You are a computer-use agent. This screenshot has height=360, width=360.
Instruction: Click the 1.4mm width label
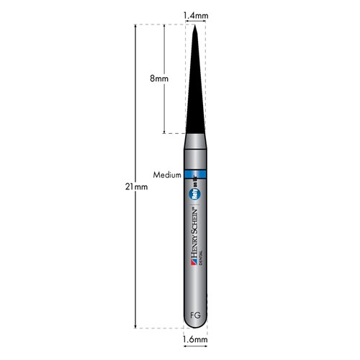pos(195,14)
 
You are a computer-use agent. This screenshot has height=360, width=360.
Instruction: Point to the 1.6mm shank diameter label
pos(195,338)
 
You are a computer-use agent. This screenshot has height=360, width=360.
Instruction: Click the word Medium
pos(166,175)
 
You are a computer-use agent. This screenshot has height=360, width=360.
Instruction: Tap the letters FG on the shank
pos(195,315)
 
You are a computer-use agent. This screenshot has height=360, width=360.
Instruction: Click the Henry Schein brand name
pos(195,235)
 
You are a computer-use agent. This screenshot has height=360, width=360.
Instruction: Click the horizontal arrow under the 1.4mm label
pos(195,22)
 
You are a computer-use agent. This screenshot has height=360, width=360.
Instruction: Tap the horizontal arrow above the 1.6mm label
pos(195,330)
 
